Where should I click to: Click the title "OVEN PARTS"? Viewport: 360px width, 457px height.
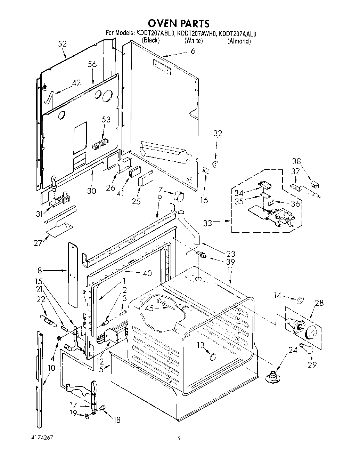179,23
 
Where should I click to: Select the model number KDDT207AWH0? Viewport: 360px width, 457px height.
197,34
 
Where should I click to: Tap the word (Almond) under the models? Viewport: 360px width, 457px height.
239,41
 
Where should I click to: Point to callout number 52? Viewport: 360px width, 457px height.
63,44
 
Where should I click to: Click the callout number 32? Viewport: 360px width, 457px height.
218,133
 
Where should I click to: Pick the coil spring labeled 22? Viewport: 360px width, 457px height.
48,320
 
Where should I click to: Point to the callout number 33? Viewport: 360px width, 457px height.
207,223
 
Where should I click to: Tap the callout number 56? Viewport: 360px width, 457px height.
92,64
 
